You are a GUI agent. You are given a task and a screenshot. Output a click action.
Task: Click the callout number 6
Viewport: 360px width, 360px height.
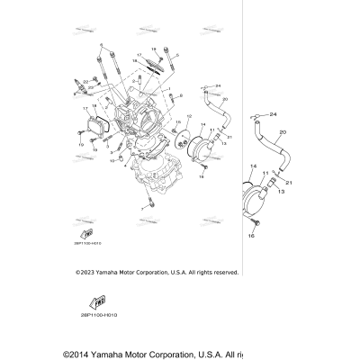point(101,44)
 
